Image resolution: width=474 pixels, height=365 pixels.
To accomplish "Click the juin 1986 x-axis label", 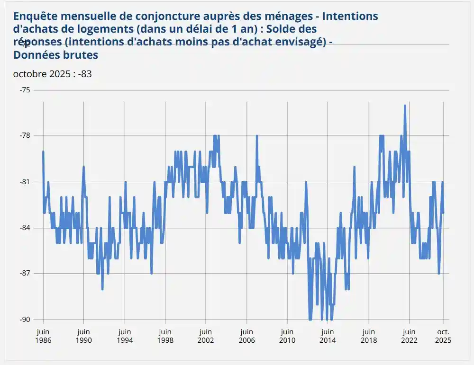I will (x=43, y=336).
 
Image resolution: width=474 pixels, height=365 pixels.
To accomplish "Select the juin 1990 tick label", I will (x=83, y=336).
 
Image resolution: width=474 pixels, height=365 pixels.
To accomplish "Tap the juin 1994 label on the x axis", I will (x=125, y=336).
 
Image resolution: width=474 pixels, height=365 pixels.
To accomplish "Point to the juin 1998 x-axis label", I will (x=165, y=336).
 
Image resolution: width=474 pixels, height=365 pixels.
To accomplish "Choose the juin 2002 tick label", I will (x=206, y=336).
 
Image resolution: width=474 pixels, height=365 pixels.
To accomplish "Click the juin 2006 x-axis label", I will (x=246, y=336).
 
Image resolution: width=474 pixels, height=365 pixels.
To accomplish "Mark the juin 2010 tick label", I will (x=287, y=336).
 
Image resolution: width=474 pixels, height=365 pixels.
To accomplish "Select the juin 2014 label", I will (x=328, y=336).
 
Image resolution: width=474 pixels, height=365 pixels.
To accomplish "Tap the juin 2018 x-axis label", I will (x=368, y=336).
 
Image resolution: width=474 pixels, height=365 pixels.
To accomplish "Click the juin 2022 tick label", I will (x=409, y=336).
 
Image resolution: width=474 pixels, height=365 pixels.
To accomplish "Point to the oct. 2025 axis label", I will (x=443, y=336).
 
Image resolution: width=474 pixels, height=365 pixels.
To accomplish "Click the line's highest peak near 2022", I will (x=405, y=106).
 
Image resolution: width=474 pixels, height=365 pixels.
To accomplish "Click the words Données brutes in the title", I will (x=55, y=55).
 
